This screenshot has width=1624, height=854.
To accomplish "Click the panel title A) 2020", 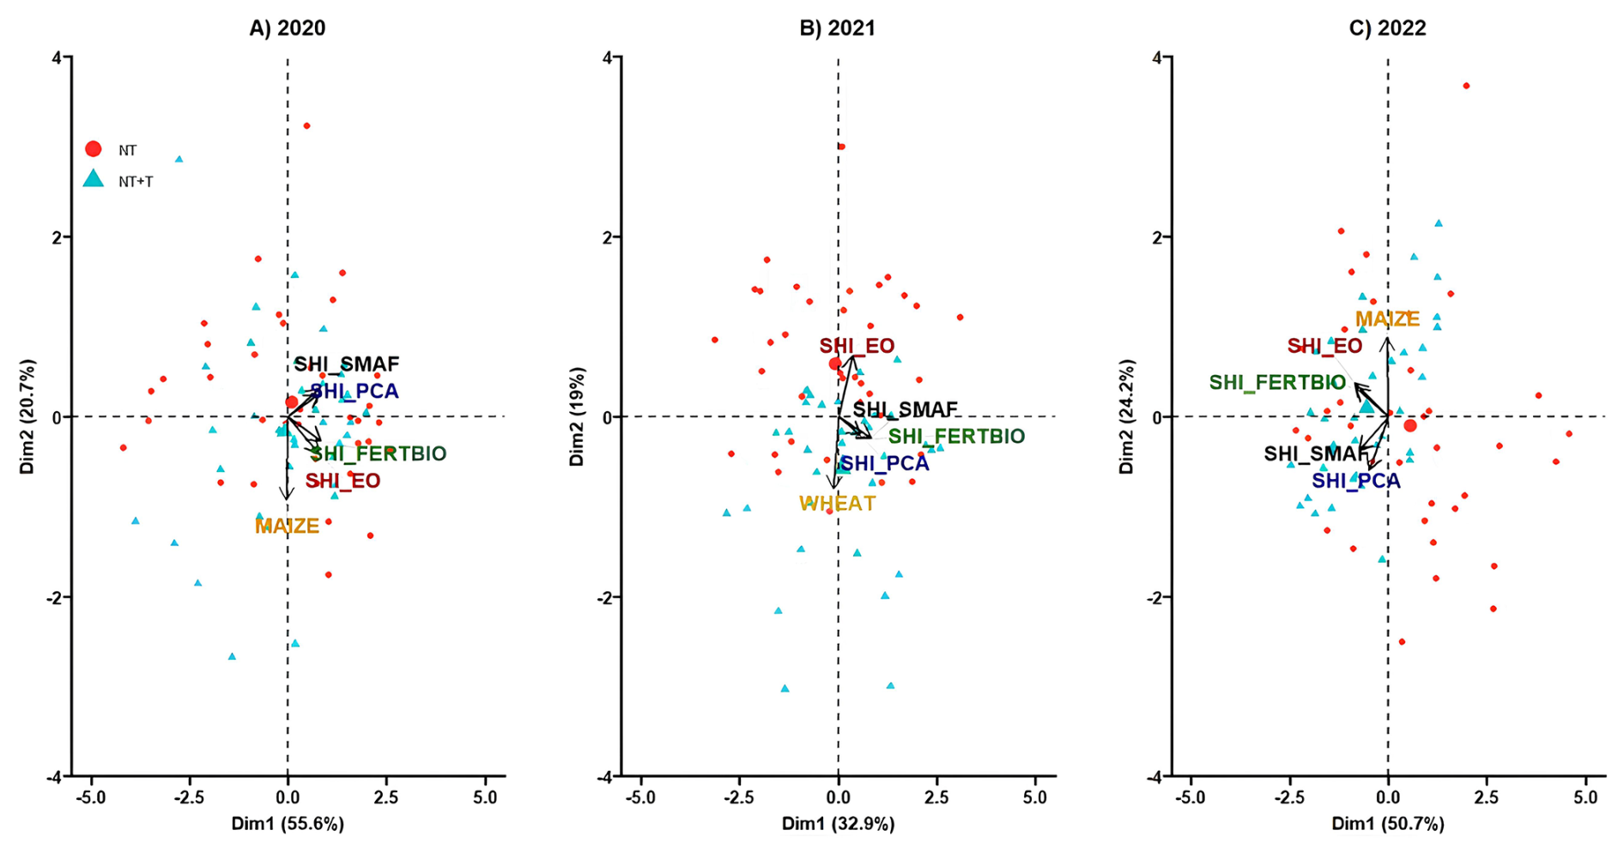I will (287, 28).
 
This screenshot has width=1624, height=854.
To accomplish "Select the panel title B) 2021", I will (837, 28).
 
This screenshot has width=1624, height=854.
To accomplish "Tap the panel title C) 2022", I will (1387, 28).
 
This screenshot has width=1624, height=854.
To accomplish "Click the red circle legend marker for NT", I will (94, 149).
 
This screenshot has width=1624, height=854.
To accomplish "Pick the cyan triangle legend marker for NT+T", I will (94, 179).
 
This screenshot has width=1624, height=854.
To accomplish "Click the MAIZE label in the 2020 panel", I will (287, 526).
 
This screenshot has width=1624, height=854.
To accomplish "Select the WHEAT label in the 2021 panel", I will (837, 504).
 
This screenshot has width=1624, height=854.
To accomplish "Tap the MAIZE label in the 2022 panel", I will (1387, 319).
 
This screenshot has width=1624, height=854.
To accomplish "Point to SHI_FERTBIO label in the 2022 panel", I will (1277, 383).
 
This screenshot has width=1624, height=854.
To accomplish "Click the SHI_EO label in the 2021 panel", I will (857, 347).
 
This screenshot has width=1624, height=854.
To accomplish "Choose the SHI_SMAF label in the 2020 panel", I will (347, 365).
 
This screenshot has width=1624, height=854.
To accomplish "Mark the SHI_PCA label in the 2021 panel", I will (884, 464).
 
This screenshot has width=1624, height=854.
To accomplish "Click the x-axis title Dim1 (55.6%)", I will (287, 824).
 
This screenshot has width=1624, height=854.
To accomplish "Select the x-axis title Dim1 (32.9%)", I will (837, 824).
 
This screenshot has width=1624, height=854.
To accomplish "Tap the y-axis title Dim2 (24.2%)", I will (1126, 417).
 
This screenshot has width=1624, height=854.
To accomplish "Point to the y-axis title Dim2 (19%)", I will (576, 417).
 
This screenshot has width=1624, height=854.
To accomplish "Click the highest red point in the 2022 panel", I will (1466, 86).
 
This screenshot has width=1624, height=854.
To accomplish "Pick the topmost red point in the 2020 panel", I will (306, 126).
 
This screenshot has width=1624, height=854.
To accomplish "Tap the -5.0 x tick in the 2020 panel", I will (90, 797).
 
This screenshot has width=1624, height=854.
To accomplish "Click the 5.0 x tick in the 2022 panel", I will (1585, 797).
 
